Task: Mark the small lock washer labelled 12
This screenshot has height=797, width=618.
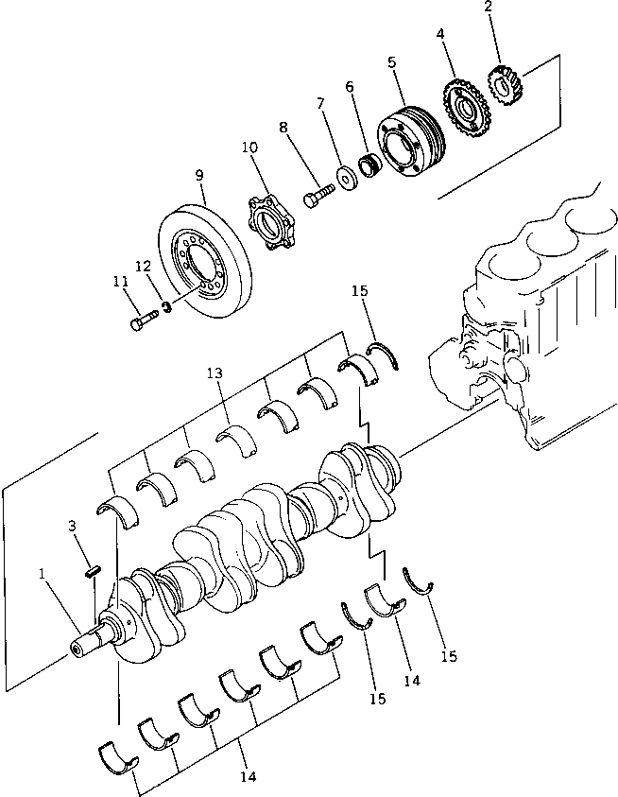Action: coord(166,308)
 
